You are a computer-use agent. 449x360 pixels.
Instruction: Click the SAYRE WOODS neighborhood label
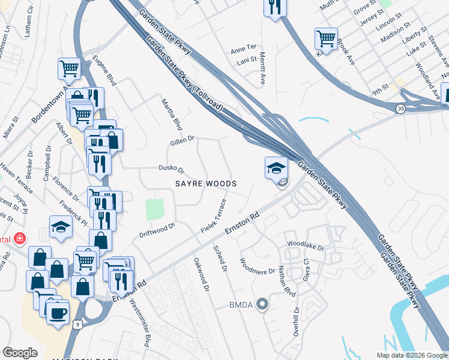[206, 183]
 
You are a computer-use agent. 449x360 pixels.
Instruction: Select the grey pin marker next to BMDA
[261, 305]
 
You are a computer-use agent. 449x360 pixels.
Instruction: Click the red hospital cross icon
[20, 239]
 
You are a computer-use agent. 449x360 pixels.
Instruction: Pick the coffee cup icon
[58, 312]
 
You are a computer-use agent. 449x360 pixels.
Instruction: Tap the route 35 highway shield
[400, 109]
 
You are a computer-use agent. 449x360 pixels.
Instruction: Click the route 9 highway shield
[77, 325]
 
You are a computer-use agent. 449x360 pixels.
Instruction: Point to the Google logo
[20, 353]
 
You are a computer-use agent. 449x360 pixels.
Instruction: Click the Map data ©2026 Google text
[412, 355]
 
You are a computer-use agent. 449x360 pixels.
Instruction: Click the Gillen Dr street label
[182, 139]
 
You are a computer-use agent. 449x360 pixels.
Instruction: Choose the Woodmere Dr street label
[256, 267]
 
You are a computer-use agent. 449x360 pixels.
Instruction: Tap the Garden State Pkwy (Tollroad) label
[185, 74]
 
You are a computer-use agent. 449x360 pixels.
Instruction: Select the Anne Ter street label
[243, 47]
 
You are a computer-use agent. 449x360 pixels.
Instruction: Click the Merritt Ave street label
[262, 67]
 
